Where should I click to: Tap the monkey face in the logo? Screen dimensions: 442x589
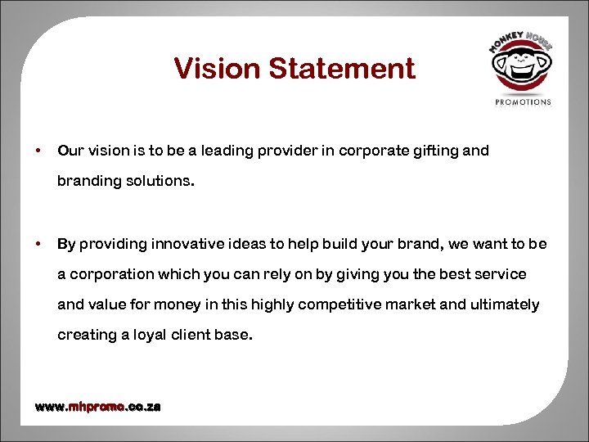click(x=520, y=68)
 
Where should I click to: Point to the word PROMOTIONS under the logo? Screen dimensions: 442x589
click(x=524, y=102)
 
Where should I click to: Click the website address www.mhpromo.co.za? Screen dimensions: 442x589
click(x=97, y=407)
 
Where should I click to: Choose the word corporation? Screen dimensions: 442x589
click(x=108, y=274)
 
